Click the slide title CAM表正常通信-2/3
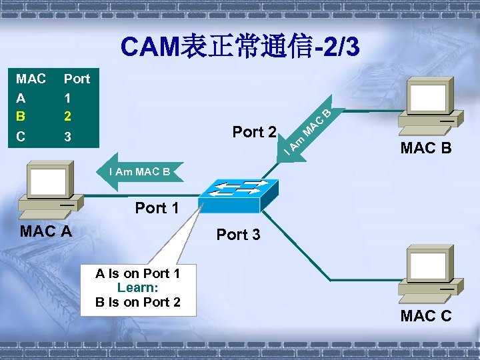point(240,47)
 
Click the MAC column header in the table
point(31,79)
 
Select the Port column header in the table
point(77,79)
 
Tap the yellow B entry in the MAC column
point(21,116)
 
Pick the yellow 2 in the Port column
point(67,116)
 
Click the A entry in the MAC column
point(21,97)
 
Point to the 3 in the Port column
point(67,138)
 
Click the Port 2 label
point(254,132)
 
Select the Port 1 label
point(157,208)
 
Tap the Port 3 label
point(239,235)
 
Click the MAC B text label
point(426,148)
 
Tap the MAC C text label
point(426,315)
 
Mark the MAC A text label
point(46,232)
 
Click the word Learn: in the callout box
point(137,287)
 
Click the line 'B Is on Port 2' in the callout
point(138,301)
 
